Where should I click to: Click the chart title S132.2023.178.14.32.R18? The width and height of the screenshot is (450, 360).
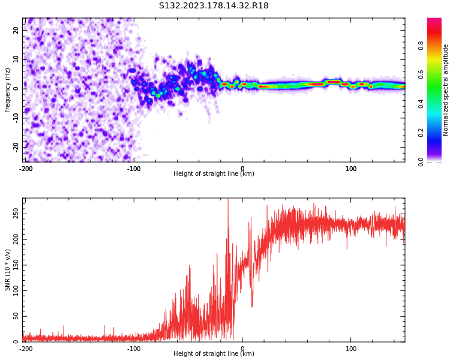214,6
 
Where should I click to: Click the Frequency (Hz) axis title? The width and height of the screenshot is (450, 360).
7,90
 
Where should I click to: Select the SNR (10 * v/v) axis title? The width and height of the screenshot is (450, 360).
7,270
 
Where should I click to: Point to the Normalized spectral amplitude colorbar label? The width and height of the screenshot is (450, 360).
445,90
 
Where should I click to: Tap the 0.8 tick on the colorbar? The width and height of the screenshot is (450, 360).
421,46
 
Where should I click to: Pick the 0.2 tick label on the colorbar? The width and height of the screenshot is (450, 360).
421,133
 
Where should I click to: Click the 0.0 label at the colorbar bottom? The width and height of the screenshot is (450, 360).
421,162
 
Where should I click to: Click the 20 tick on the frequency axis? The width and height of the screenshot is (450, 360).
16,30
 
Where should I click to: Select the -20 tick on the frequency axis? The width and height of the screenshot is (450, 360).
16,148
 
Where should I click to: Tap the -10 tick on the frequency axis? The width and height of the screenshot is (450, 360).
16,118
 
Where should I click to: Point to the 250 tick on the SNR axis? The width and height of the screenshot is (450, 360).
16,214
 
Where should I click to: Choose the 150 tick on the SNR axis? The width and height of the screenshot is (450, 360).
16,265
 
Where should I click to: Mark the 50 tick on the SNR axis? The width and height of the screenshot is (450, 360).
16,316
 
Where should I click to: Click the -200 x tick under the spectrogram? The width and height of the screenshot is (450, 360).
26,169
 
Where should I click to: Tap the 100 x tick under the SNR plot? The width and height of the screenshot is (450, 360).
351,349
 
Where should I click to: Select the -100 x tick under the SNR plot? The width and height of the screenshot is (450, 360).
134,349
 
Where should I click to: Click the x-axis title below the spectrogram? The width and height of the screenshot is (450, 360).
214,173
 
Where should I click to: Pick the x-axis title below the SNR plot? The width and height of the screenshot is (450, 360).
214,353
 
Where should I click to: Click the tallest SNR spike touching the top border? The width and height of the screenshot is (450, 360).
228,199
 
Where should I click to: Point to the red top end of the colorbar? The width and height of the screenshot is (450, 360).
434,19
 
